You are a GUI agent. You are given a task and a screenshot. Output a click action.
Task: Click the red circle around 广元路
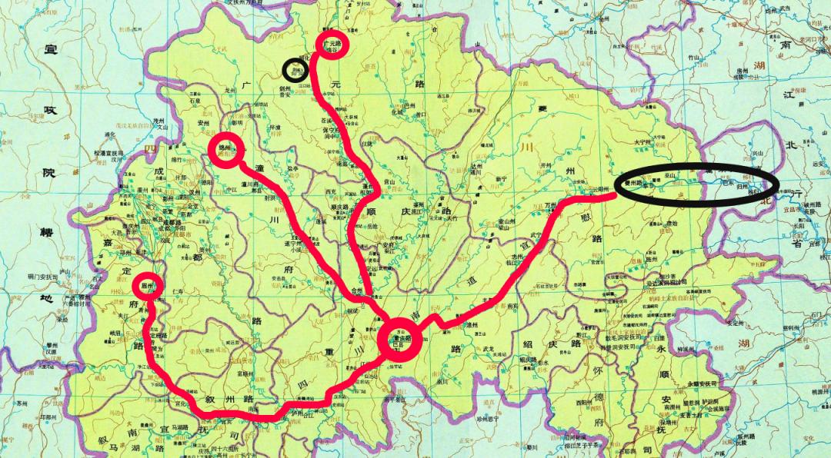pyautogui.click(x=333, y=44)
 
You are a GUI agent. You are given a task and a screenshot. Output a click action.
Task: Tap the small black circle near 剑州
pyautogui.click(x=293, y=71)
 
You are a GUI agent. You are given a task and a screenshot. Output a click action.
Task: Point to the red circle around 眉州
pyautogui.click(x=149, y=287)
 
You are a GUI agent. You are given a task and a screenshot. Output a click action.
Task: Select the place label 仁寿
pyautogui.click(x=179, y=293)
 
